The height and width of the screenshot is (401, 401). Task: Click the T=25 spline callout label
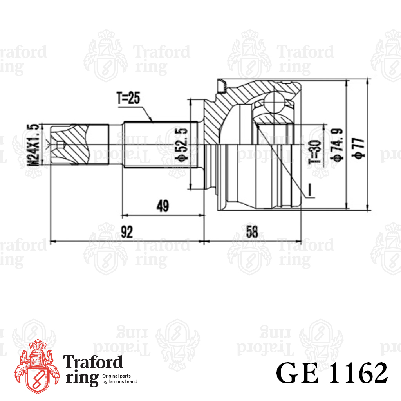pyautogui.click(x=128, y=98)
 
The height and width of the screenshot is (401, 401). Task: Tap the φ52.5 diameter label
pyautogui.click(x=182, y=145)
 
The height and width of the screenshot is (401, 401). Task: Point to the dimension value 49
pyautogui.click(x=163, y=206)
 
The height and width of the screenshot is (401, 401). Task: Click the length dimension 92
pyautogui.click(x=127, y=232)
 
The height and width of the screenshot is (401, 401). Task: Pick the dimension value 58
pyautogui.click(x=252, y=232)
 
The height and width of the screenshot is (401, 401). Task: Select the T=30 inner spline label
pyautogui.click(x=314, y=152)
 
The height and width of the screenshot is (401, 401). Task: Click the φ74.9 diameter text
pyautogui.click(x=337, y=145)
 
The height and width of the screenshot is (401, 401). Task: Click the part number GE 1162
pyautogui.click(x=332, y=373)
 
